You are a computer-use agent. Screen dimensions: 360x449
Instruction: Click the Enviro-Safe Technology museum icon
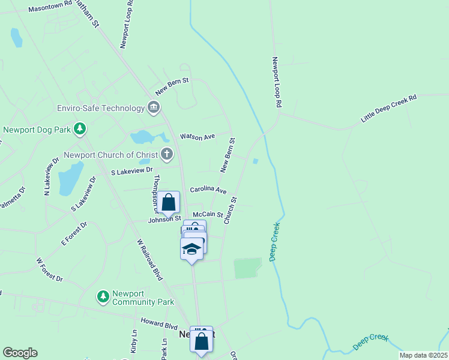point(154,108)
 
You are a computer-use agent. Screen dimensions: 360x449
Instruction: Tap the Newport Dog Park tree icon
point(79,129)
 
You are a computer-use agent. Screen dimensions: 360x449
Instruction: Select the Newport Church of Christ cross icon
point(167,154)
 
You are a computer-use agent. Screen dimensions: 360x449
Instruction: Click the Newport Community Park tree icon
point(103,296)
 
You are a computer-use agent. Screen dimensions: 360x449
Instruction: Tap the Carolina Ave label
point(208,190)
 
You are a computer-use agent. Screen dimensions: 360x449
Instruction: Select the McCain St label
point(208,214)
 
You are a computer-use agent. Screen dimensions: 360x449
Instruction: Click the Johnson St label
point(165,219)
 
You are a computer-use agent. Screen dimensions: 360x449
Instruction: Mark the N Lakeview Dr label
point(51,176)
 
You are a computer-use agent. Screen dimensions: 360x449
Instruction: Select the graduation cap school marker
point(191,248)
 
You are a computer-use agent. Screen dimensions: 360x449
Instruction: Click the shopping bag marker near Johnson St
point(169,203)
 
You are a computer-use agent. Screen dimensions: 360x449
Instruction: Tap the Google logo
point(20,353)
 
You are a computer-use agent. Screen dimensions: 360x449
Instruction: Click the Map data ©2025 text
point(423,355)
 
